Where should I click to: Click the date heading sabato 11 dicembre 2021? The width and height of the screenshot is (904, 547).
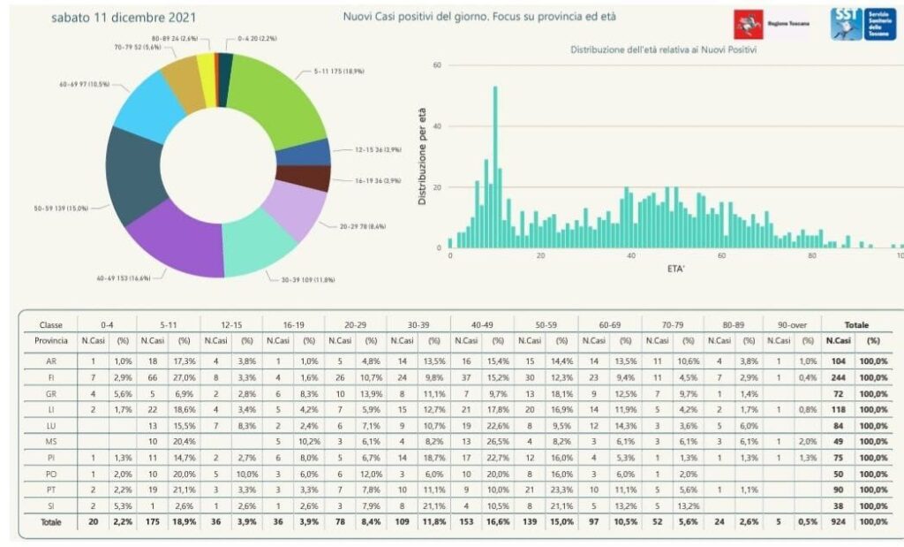click(x=124, y=18)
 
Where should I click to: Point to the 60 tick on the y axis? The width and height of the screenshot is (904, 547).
click(x=437, y=65)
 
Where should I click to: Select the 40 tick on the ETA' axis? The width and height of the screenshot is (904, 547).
click(x=631, y=256)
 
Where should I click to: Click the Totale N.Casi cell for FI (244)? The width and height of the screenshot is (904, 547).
click(x=838, y=376)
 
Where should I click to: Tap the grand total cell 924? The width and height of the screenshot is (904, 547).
click(x=838, y=521)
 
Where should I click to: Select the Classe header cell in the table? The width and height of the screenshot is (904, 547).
click(x=52, y=325)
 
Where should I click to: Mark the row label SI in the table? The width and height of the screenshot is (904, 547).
click(x=52, y=506)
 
